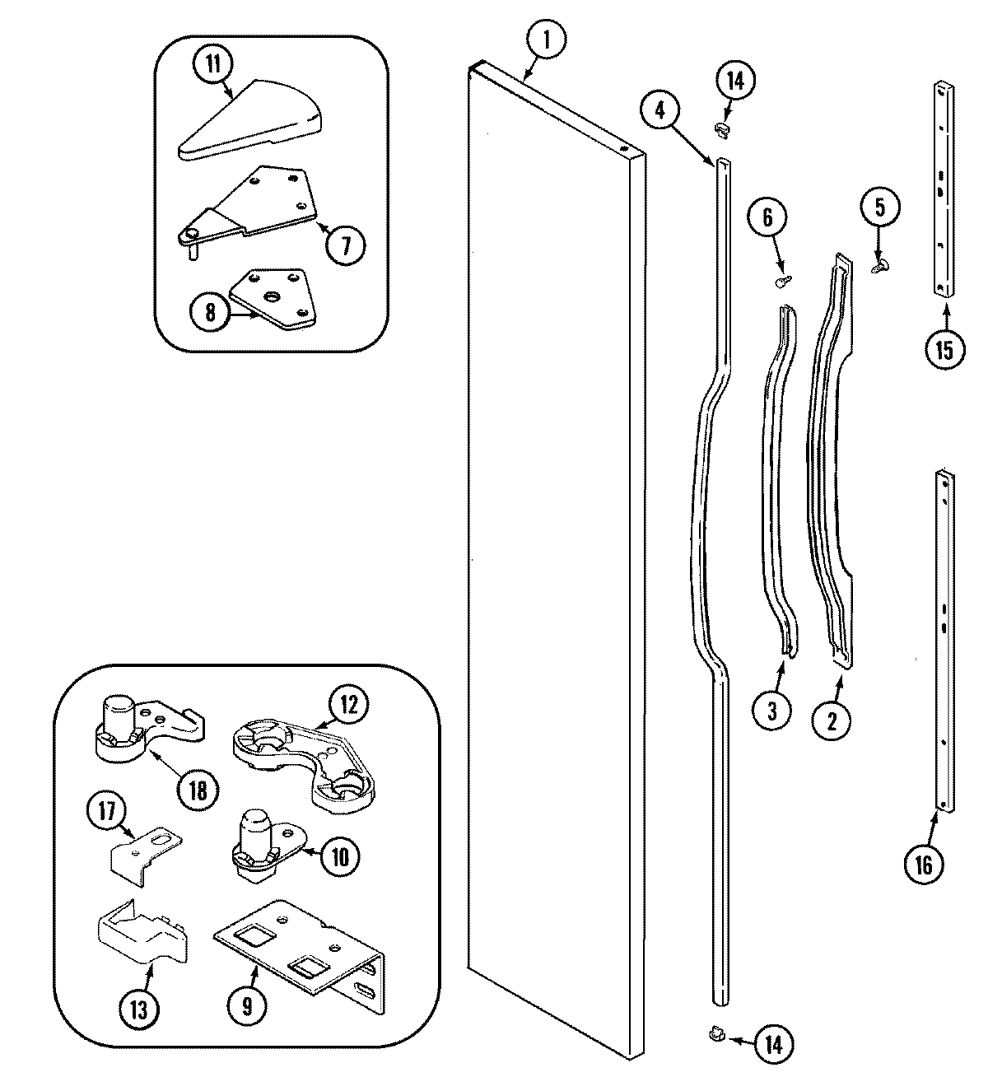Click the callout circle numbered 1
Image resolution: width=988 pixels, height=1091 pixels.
[543, 38]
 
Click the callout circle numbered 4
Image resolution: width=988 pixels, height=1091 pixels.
[661, 109]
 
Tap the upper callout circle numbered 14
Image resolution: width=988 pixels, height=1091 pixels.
[734, 81]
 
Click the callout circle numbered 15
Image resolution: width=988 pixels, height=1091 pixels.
[944, 349]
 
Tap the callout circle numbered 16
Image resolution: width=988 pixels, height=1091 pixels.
[924, 864]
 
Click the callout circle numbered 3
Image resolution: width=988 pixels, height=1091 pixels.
[772, 711]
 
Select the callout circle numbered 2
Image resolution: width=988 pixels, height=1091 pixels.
[832, 720]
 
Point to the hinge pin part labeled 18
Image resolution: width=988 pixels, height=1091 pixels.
[132, 724]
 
